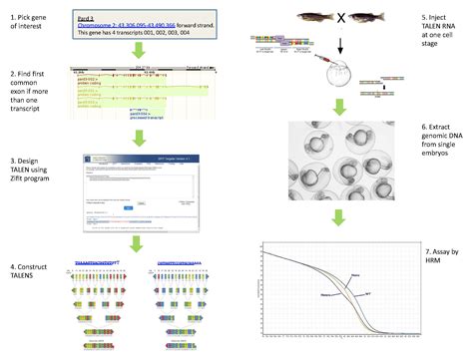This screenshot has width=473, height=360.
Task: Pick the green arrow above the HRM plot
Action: click(339, 220)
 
